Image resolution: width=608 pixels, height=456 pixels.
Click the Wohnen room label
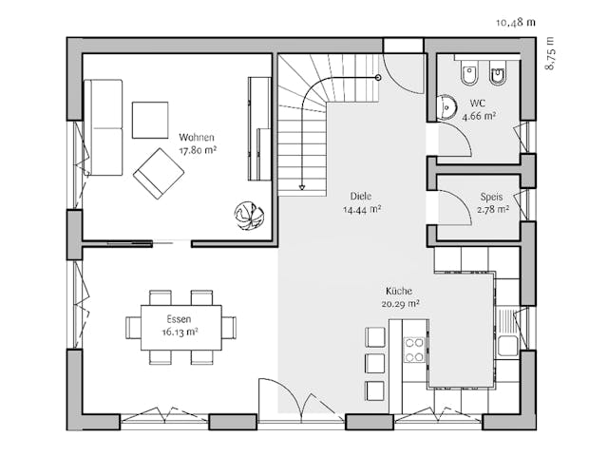(x=197, y=137)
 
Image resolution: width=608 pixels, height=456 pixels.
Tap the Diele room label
(x=360, y=197)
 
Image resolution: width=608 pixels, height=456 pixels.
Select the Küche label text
(x=399, y=291)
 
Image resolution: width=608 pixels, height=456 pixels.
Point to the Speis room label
(x=491, y=198)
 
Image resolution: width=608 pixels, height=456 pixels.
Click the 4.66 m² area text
(x=479, y=117)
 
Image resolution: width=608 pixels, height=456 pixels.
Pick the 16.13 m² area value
(x=180, y=332)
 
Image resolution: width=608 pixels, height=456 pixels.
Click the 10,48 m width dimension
(x=516, y=20)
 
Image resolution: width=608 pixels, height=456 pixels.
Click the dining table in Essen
(x=180, y=327)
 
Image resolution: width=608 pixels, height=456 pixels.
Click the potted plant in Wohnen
(x=249, y=216)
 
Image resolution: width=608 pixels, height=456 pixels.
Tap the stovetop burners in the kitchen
(x=414, y=350)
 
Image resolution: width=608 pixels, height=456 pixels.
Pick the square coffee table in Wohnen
(x=149, y=120)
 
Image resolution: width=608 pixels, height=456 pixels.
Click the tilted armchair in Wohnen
(x=159, y=173)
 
